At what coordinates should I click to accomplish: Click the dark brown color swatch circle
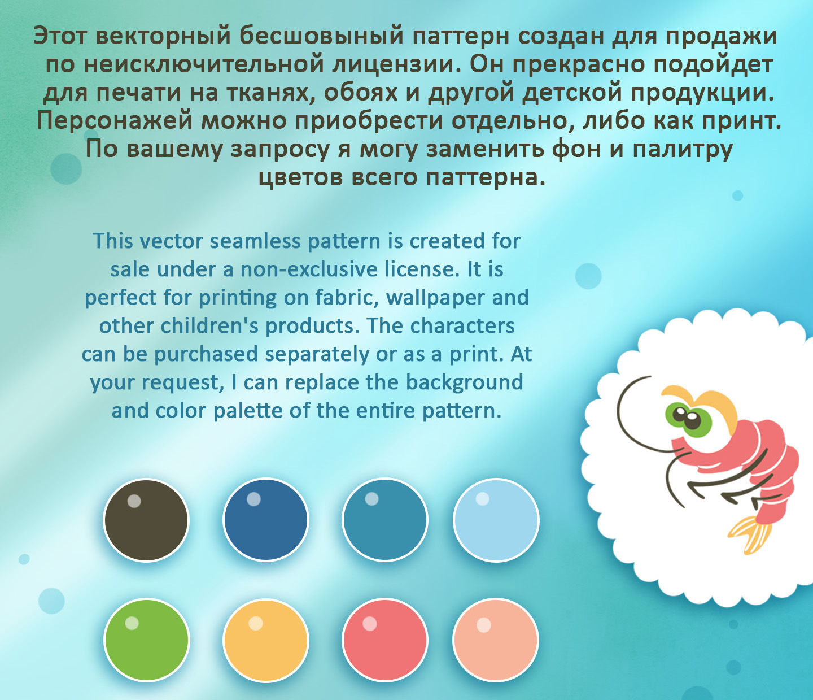146,520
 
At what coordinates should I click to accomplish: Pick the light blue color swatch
496,520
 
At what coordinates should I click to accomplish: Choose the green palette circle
146,640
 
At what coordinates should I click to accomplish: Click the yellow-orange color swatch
265,640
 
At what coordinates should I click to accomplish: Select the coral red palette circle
384,640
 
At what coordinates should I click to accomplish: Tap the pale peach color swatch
495,640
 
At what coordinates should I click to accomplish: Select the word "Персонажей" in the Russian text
115,121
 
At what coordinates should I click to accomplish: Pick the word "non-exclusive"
308,269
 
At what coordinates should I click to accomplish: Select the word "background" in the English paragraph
464,382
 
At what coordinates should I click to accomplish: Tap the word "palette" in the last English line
248,411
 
